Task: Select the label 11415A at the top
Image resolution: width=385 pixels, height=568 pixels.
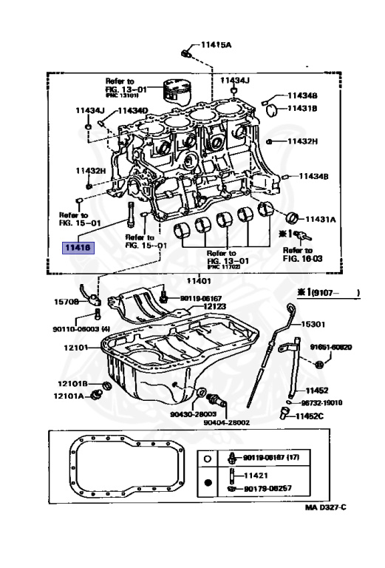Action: click(215, 44)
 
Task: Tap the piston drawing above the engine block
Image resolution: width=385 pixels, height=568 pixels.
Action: click(177, 89)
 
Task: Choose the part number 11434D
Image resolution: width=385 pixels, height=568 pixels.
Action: click(132, 110)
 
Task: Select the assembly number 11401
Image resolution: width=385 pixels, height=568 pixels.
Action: click(199, 280)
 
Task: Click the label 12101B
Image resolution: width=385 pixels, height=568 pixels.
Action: click(75, 383)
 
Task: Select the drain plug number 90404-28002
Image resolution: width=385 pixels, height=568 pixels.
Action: click(227, 422)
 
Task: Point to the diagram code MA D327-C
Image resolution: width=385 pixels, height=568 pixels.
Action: click(325, 507)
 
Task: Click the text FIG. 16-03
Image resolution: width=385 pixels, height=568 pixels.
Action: click(303, 260)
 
